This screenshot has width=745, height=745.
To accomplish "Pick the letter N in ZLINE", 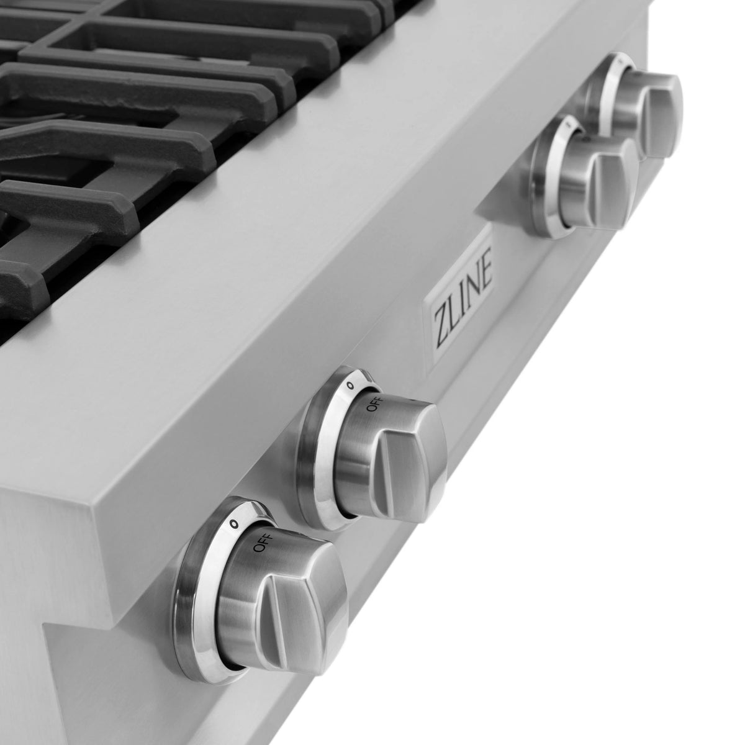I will (471, 276).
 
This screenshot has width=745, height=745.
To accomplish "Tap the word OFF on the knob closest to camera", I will (260, 546).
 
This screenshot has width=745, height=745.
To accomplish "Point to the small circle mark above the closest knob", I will (233, 523).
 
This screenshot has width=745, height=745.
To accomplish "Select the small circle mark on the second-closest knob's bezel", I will (350, 386).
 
